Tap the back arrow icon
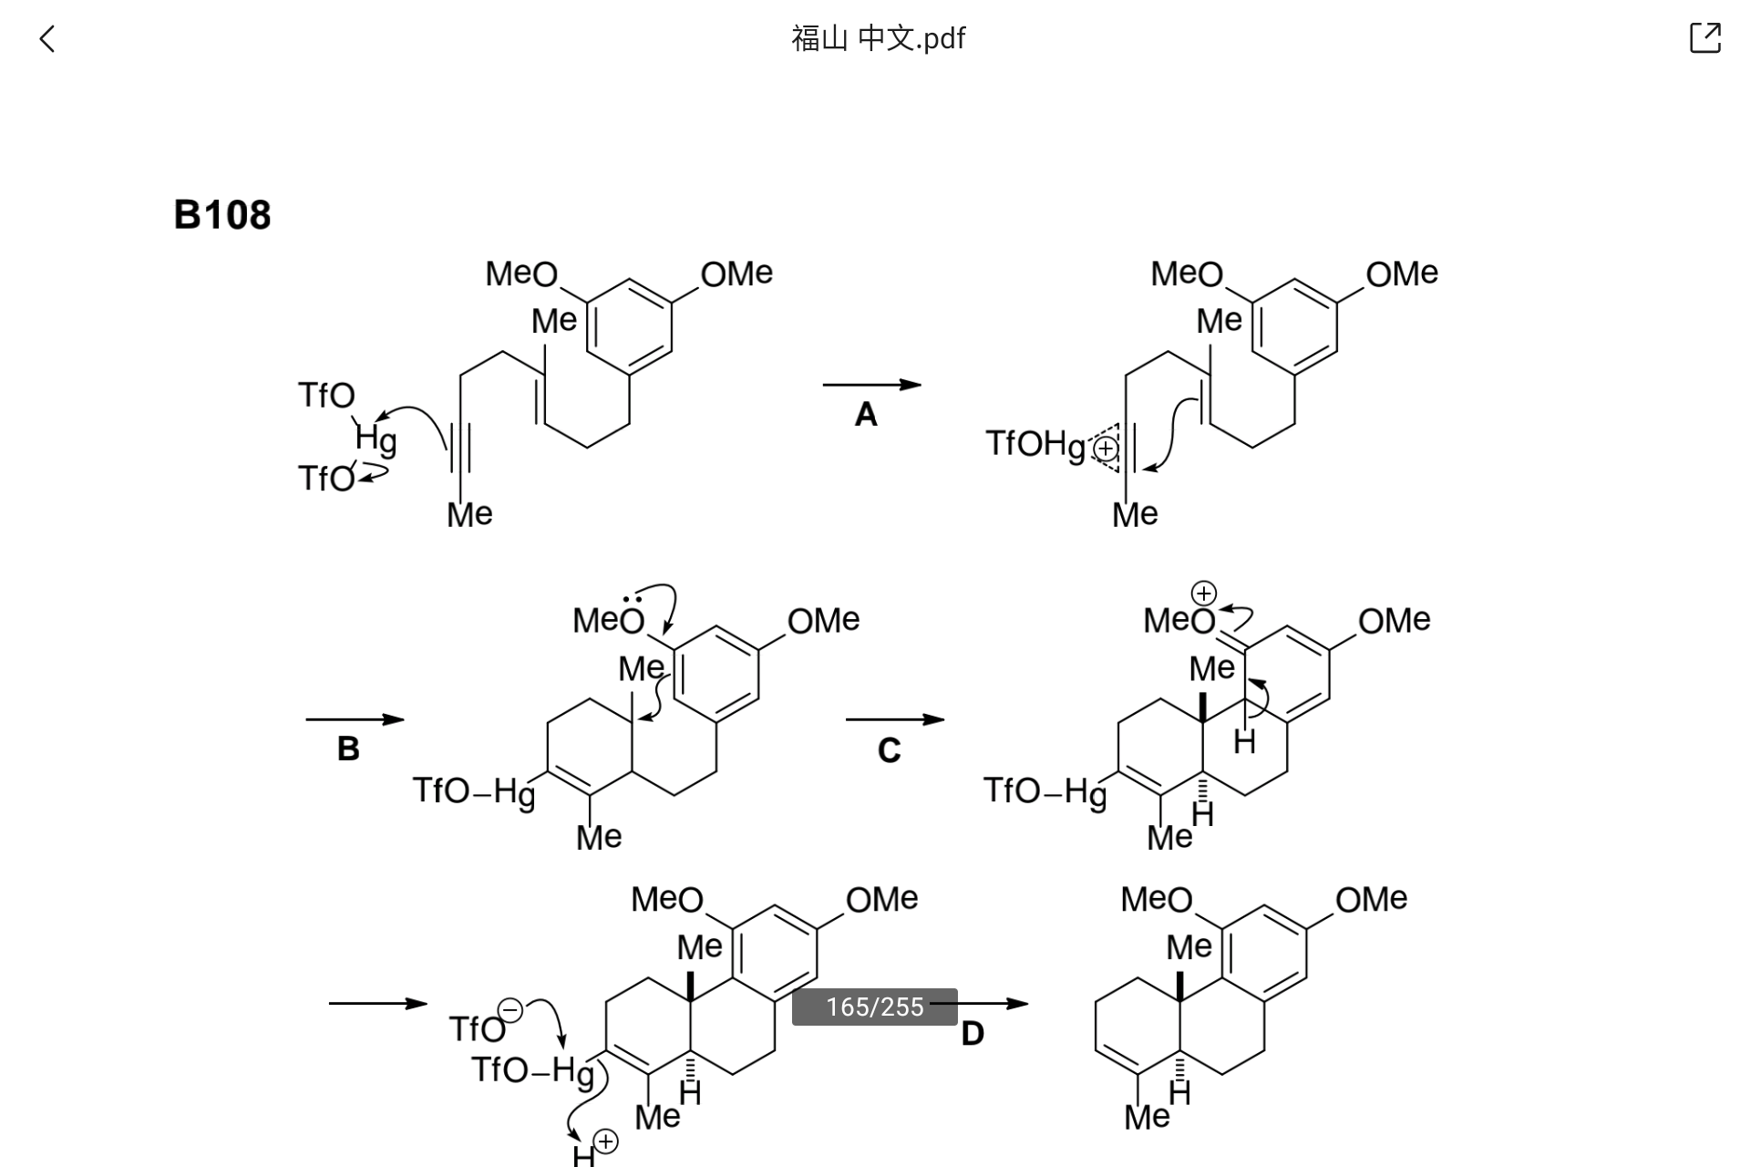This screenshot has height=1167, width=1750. pos(47,39)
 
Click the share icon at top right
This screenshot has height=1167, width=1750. pos(1705,37)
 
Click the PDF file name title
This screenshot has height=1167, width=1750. pos(878,38)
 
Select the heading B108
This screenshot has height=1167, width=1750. pos(222,215)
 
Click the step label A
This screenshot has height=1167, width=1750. pos(866,415)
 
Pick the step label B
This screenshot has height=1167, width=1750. pos(348,749)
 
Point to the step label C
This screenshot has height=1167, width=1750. pos(889,750)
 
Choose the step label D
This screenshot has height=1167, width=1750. pos(973,1034)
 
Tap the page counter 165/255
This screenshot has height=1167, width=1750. pos(875,1007)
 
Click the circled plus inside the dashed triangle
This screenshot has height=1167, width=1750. pos(1106,449)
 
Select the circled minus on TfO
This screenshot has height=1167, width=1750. pos(510,1010)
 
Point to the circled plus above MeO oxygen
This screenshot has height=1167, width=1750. pos(1204,594)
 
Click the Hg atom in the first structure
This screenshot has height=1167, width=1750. pos(376,439)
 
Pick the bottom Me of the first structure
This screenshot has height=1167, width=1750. pos(469,514)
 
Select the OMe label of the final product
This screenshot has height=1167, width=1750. pos(1371,900)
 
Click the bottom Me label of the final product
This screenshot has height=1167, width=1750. pos(1147,1117)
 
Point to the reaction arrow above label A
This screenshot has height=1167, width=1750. pos(872,385)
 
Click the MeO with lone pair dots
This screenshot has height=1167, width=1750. pos(609,617)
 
